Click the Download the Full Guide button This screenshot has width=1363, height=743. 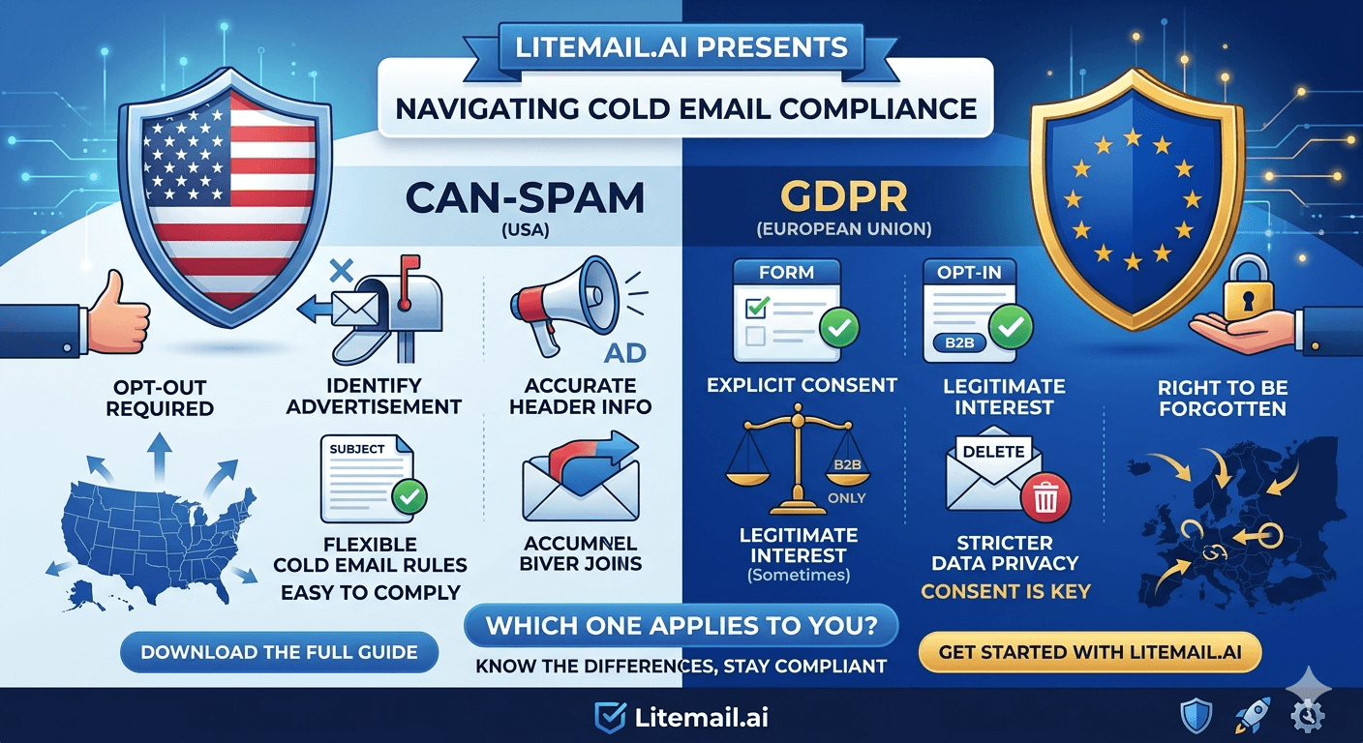[279, 652]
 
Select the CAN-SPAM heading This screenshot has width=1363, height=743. [525, 197]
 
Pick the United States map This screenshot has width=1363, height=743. [155, 527]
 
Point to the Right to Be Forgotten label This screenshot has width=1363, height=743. [1222, 398]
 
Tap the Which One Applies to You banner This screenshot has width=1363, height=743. [681, 626]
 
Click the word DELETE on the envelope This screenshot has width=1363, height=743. [994, 452]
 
